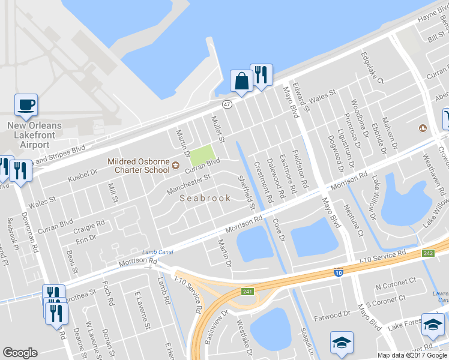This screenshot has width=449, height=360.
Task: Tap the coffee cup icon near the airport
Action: point(26,105)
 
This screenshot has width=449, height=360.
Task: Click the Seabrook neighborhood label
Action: point(205,198)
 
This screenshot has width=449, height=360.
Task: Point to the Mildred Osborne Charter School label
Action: point(139,165)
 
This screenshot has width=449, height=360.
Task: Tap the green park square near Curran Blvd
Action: point(202,155)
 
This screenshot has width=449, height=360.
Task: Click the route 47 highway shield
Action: point(226,104)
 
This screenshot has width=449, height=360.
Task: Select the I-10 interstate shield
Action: point(339,272)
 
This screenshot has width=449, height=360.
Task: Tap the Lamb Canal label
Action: point(157,252)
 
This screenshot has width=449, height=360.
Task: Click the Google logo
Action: point(20,353)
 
